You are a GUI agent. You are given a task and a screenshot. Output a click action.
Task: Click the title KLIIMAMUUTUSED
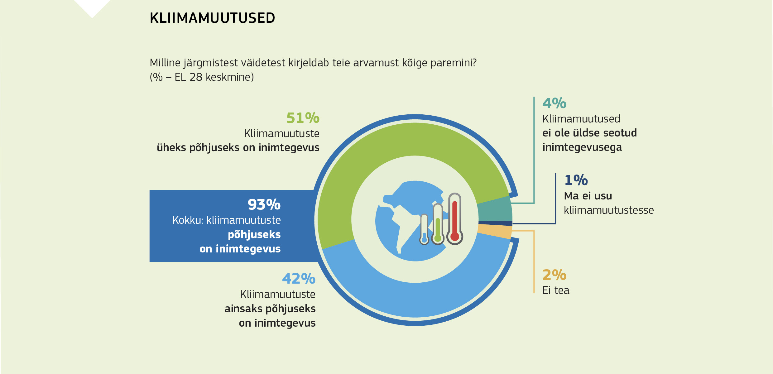coord(212,18)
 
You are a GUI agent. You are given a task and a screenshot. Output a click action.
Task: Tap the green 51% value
coord(303,118)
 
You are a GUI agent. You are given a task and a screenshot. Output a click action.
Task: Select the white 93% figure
coord(264,205)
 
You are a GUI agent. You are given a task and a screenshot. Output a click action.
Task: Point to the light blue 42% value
coord(299,279)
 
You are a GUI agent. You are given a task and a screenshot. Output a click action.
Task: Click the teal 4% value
coord(554,103)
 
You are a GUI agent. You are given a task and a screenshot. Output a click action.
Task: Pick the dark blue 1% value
coord(576,180)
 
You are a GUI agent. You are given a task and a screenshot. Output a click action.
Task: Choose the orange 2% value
coord(554,275)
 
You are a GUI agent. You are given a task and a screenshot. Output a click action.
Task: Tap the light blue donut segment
coord(415,299)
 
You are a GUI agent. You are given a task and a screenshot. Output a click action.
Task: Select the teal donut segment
coord(495,209)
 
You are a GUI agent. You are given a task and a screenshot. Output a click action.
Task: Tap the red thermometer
coord(455,219)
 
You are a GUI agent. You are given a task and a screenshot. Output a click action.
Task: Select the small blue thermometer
coord(424,229)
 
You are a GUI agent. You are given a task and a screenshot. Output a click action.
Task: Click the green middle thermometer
coord(438,224)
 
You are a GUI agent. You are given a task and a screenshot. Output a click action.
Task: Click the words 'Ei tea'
coord(556,290)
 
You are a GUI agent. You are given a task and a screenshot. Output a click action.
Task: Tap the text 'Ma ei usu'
coord(588,196)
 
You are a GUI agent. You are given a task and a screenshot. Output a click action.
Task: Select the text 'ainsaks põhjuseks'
coord(270,309)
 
